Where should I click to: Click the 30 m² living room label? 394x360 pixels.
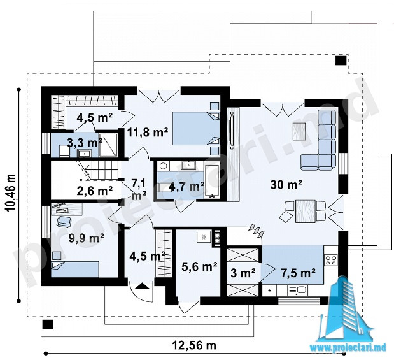286,185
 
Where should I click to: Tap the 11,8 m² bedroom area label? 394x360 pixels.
148,132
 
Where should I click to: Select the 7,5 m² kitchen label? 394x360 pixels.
299,273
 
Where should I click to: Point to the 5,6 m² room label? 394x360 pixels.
199,266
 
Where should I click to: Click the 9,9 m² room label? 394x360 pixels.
87,238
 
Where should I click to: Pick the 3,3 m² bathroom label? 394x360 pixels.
85,143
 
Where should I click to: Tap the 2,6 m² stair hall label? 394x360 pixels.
94,191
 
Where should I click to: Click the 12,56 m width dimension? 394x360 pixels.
194,345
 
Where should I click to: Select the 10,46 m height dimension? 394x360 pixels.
11,192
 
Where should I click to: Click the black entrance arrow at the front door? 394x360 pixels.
141,286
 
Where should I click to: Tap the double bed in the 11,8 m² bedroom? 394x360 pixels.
196,129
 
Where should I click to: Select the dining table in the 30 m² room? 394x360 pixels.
306,211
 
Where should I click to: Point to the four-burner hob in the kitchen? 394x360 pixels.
330,260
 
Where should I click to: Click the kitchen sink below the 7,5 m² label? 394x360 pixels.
297,290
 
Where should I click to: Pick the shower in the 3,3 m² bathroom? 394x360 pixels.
109,145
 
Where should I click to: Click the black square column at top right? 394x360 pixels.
341,61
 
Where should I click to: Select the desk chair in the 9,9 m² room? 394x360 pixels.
64,222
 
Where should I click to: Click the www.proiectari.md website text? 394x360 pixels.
348,348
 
